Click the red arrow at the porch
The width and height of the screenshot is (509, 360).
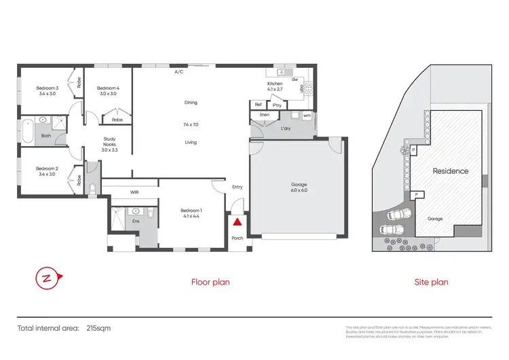coord(237,221)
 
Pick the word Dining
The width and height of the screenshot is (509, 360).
coord(191,103)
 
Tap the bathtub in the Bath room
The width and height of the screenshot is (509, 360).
coord(27,130)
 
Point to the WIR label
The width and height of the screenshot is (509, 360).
coord(134,192)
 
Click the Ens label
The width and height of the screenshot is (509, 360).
coord(136,221)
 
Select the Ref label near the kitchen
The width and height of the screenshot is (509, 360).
coord(258,105)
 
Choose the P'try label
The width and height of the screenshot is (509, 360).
coord(276,105)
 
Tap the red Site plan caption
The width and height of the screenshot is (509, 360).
coord(431,281)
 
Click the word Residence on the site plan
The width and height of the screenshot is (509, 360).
coord(451,171)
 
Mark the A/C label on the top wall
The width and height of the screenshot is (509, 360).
coord(179,71)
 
